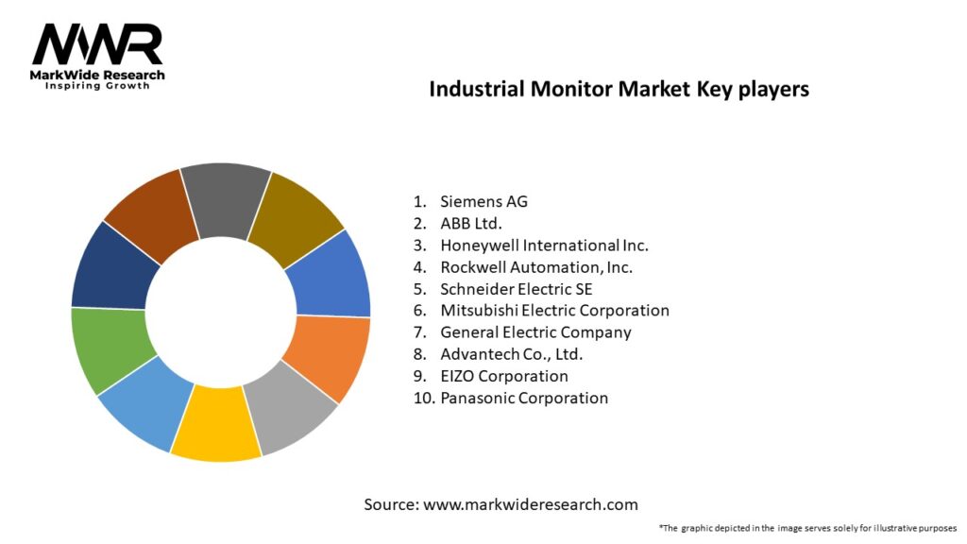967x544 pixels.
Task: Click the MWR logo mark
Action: pyautogui.click(x=97, y=44)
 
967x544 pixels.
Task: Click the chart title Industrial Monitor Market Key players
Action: pyautogui.click(x=619, y=90)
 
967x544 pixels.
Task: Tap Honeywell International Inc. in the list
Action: pyautogui.click(x=544, y=245)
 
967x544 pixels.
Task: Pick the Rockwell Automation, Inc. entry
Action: pyautogui.click(x=535, y=266)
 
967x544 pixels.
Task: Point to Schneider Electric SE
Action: pyautogui.click(x=516, y=289)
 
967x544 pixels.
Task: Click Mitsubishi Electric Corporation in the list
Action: pyautogui.click(x=554, y=311)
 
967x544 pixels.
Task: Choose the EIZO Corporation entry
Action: pyautogui.click(x=504, y=376)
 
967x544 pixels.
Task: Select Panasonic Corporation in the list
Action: pyautogui.click(x=524, y=398)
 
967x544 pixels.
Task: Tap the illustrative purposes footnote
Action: pyautogui.click(x=807, y=528)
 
